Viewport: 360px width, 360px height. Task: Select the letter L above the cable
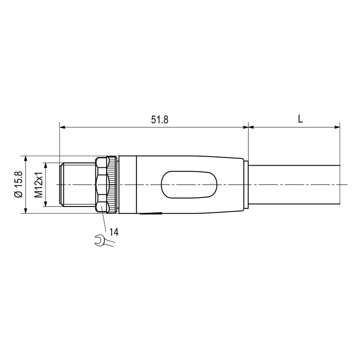click(x=300, y=119)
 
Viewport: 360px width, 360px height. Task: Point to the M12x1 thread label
click(x=39, y=185)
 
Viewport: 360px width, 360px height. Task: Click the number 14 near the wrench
click(x=114, y=232)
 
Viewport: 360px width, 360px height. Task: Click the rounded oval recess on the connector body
click(x=189, y=185)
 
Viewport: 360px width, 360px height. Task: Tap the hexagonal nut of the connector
click(x=102, y=185)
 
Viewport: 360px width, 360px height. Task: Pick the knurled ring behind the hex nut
click(x=112, y=185)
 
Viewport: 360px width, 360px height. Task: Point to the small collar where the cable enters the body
click(x=246, y=185)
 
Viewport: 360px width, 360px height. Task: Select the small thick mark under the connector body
click(x=150, y=214)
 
